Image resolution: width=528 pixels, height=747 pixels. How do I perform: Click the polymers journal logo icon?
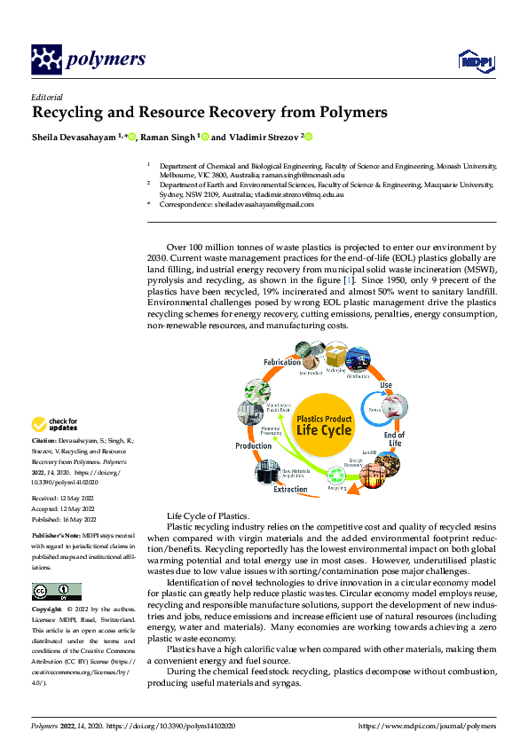click(47, 59)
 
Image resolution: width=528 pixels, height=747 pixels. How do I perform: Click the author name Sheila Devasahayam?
click(74, 138)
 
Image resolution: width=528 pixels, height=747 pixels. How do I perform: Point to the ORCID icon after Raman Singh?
click(205, 138)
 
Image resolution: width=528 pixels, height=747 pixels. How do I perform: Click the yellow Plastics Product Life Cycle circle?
click(324, 424)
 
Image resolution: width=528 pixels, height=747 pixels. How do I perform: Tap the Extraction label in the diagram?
click(290, 489)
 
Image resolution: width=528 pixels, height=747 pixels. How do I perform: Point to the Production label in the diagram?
click(254, 445)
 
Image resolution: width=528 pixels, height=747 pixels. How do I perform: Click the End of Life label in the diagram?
click(394, 439)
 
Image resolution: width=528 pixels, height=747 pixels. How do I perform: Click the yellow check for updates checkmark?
click(39, 425)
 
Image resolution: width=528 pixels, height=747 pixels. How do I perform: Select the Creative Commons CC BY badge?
click(56, 592)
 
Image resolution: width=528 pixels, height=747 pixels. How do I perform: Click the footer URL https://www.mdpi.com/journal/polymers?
click(429, 725)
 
